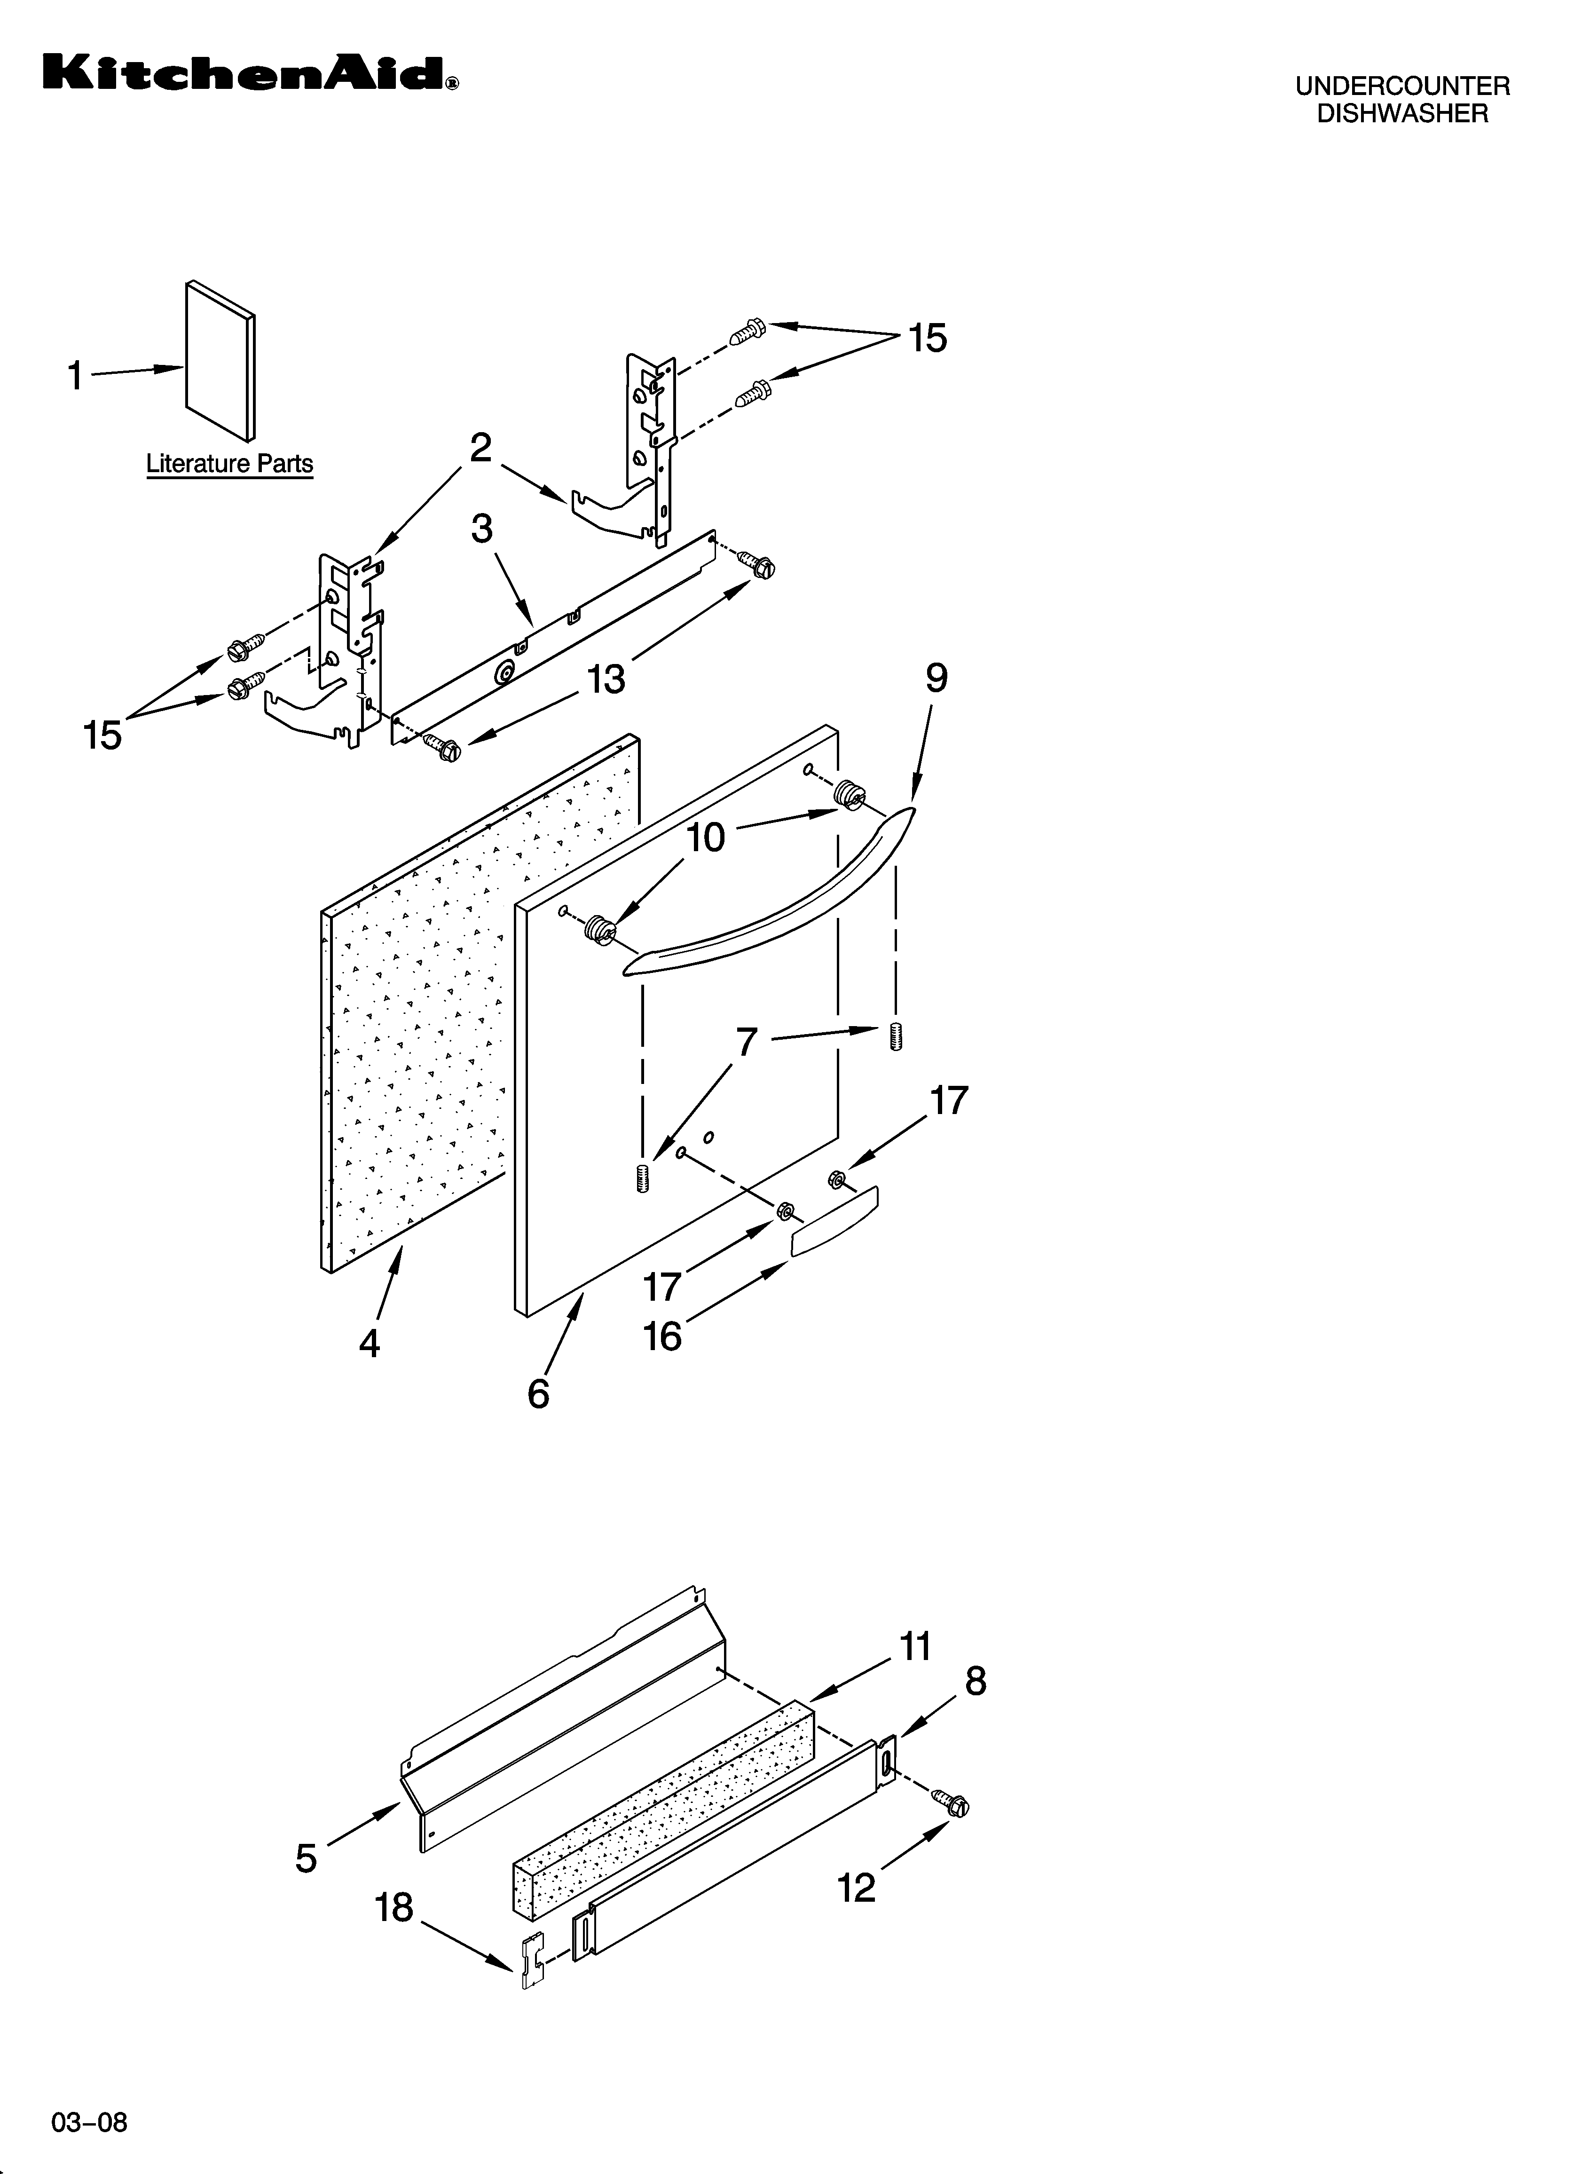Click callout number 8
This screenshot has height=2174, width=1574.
(975, 1680)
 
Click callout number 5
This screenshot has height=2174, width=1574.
(306, 1858)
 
